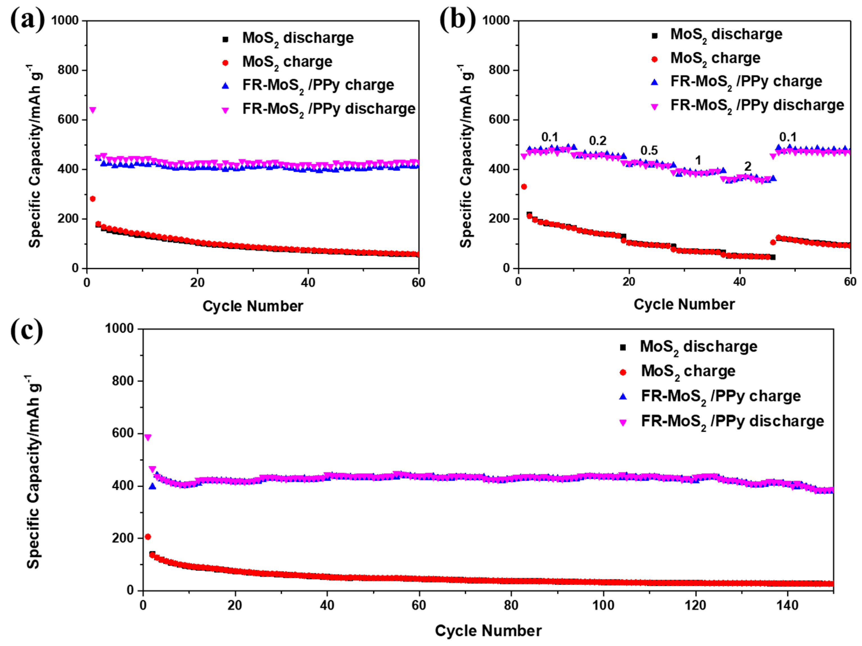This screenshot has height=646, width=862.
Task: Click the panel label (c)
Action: coord(26,331)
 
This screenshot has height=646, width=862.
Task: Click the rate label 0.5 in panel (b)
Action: coord(649,151)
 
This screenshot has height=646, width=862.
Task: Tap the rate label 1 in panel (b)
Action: coord(698,160)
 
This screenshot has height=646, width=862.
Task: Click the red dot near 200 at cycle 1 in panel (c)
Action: coord(148,537)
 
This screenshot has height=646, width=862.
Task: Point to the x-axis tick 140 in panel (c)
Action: coord(787,606)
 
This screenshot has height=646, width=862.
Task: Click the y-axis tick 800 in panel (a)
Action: coord(68,70)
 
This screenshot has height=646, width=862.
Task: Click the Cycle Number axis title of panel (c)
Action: coord(488,631)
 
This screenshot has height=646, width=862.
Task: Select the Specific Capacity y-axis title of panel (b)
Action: coord(466,156)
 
